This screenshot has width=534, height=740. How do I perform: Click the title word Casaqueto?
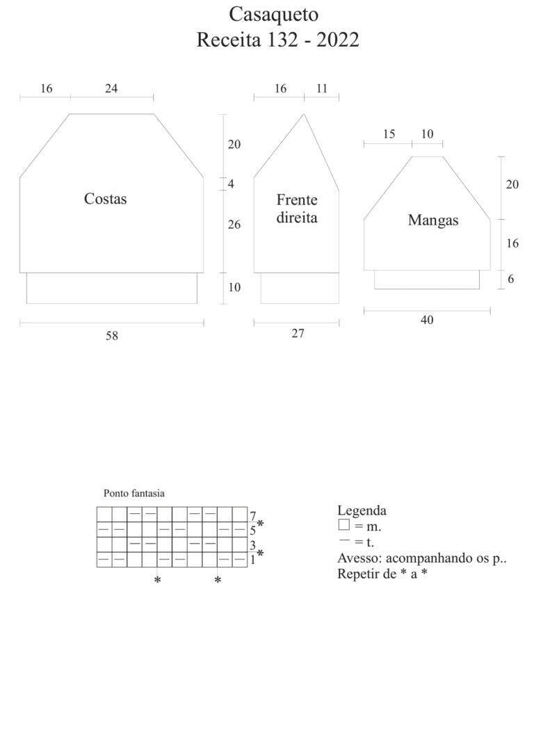point(273,15)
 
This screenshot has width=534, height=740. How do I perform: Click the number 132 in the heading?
point(282,40)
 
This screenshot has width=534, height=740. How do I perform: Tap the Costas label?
point(105,199)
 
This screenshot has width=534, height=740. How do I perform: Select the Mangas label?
point(433,221)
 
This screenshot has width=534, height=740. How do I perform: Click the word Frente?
point(297,200)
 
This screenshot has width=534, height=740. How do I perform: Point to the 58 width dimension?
point(112,336)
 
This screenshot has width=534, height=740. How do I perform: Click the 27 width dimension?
point(298,333)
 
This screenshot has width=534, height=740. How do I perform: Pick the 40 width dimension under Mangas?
point(427,320)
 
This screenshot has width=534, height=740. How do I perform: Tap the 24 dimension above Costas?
point(111,88)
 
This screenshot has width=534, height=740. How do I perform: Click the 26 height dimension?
point(234,224)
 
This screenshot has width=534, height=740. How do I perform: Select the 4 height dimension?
point(231,184)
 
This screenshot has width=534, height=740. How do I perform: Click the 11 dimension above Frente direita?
point(322,88)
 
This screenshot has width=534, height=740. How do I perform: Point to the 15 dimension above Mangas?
point(389,134)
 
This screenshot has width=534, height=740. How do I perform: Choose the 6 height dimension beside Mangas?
point(511,279)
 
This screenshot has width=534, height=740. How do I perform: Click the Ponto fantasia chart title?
point(134,493)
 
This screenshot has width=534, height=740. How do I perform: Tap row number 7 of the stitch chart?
point(253,516)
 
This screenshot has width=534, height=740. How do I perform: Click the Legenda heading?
point(362,510)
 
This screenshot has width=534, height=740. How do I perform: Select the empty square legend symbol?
point(344,524)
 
